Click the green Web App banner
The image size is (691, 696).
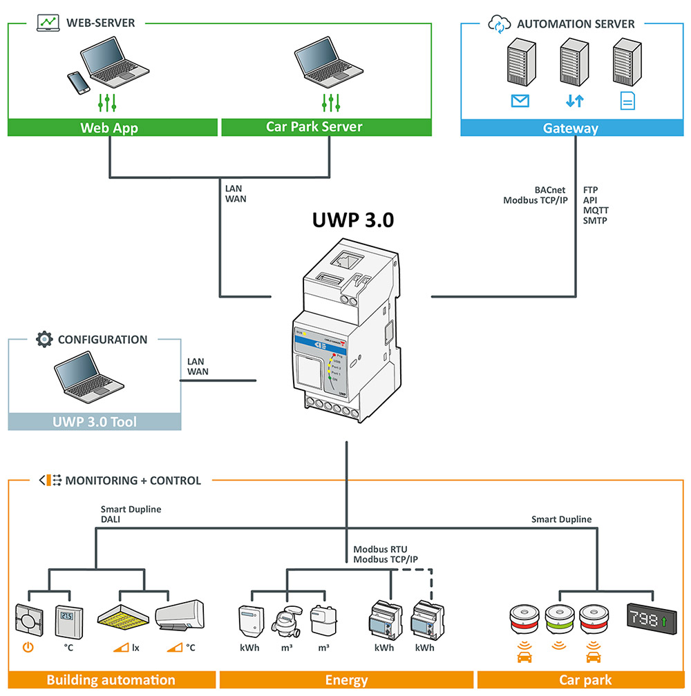109,128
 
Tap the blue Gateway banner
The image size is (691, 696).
570,128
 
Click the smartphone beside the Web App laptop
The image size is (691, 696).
79,83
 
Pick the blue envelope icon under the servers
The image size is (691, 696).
520,101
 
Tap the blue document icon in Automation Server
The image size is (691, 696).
627,101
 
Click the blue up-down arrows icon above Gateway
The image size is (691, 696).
574,101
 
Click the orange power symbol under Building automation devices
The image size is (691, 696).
28,648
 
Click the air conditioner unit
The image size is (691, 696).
180,616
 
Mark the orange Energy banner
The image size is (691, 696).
346,680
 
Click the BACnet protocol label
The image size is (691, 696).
549,188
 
